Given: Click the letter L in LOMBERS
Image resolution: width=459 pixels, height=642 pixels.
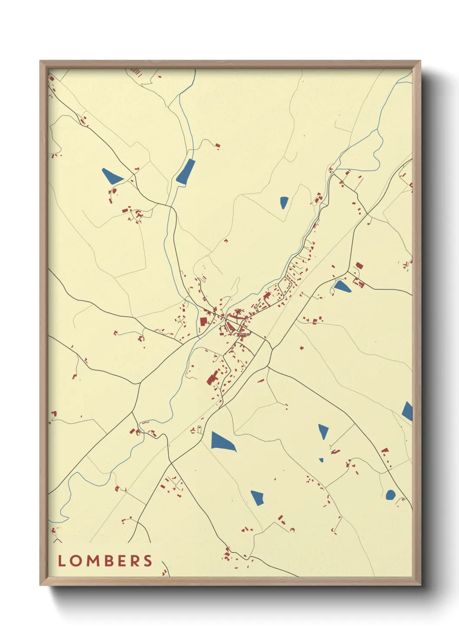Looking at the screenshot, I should [62, 560].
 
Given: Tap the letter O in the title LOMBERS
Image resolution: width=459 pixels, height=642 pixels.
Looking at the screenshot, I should [75, 560].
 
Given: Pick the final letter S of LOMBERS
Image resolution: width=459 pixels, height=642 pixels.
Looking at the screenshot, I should [148, 560].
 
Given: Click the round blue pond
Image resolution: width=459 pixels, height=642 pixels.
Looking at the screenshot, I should [390, 495].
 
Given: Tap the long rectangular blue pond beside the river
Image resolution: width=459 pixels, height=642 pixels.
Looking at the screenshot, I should [186, 171].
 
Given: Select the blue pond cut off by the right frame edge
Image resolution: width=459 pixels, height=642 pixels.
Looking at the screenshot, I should [408, 411].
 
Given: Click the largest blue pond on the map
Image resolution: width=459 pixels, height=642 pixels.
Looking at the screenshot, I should [223, 442].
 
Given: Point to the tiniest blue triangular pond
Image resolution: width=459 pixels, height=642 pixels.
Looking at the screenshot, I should [321, 460].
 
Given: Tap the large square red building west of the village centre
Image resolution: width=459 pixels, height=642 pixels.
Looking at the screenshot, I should [203, 321].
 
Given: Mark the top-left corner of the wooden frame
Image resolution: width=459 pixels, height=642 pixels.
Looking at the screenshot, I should [40, 61].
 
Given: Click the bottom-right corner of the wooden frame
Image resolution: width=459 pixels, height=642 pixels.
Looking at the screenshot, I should [420, 585].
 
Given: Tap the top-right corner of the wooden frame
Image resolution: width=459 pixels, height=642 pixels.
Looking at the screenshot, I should [420, 61].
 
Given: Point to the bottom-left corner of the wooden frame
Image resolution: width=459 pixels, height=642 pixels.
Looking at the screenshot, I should [40, 585].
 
